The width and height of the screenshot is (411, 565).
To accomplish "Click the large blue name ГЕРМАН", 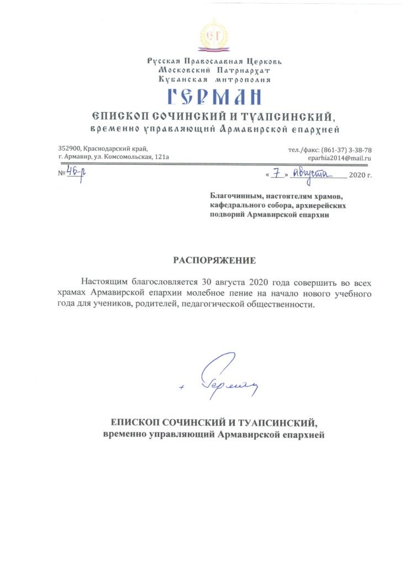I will point(214,98).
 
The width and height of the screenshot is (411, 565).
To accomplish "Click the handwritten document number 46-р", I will point(75,174).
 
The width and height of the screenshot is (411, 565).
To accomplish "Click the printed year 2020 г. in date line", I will point(361,176).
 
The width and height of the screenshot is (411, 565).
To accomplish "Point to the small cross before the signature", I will point(181,387).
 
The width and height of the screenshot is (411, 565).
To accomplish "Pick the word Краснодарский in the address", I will point(109,149).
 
